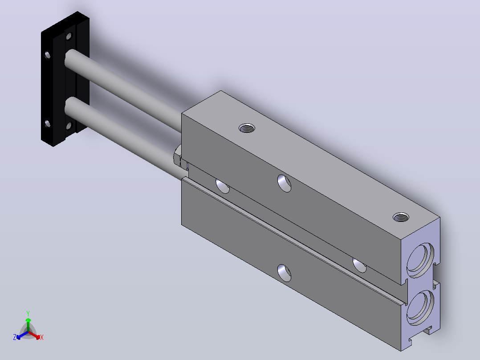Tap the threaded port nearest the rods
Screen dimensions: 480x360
[x=247, y=128]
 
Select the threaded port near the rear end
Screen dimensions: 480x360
[x=401, y=217]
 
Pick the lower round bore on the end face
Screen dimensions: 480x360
[x=420, y=307]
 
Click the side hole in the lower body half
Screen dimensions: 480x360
[x=284, y=273]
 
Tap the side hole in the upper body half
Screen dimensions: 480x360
[x=284, y=183]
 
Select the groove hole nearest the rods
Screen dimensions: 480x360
[x=223, y=186]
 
